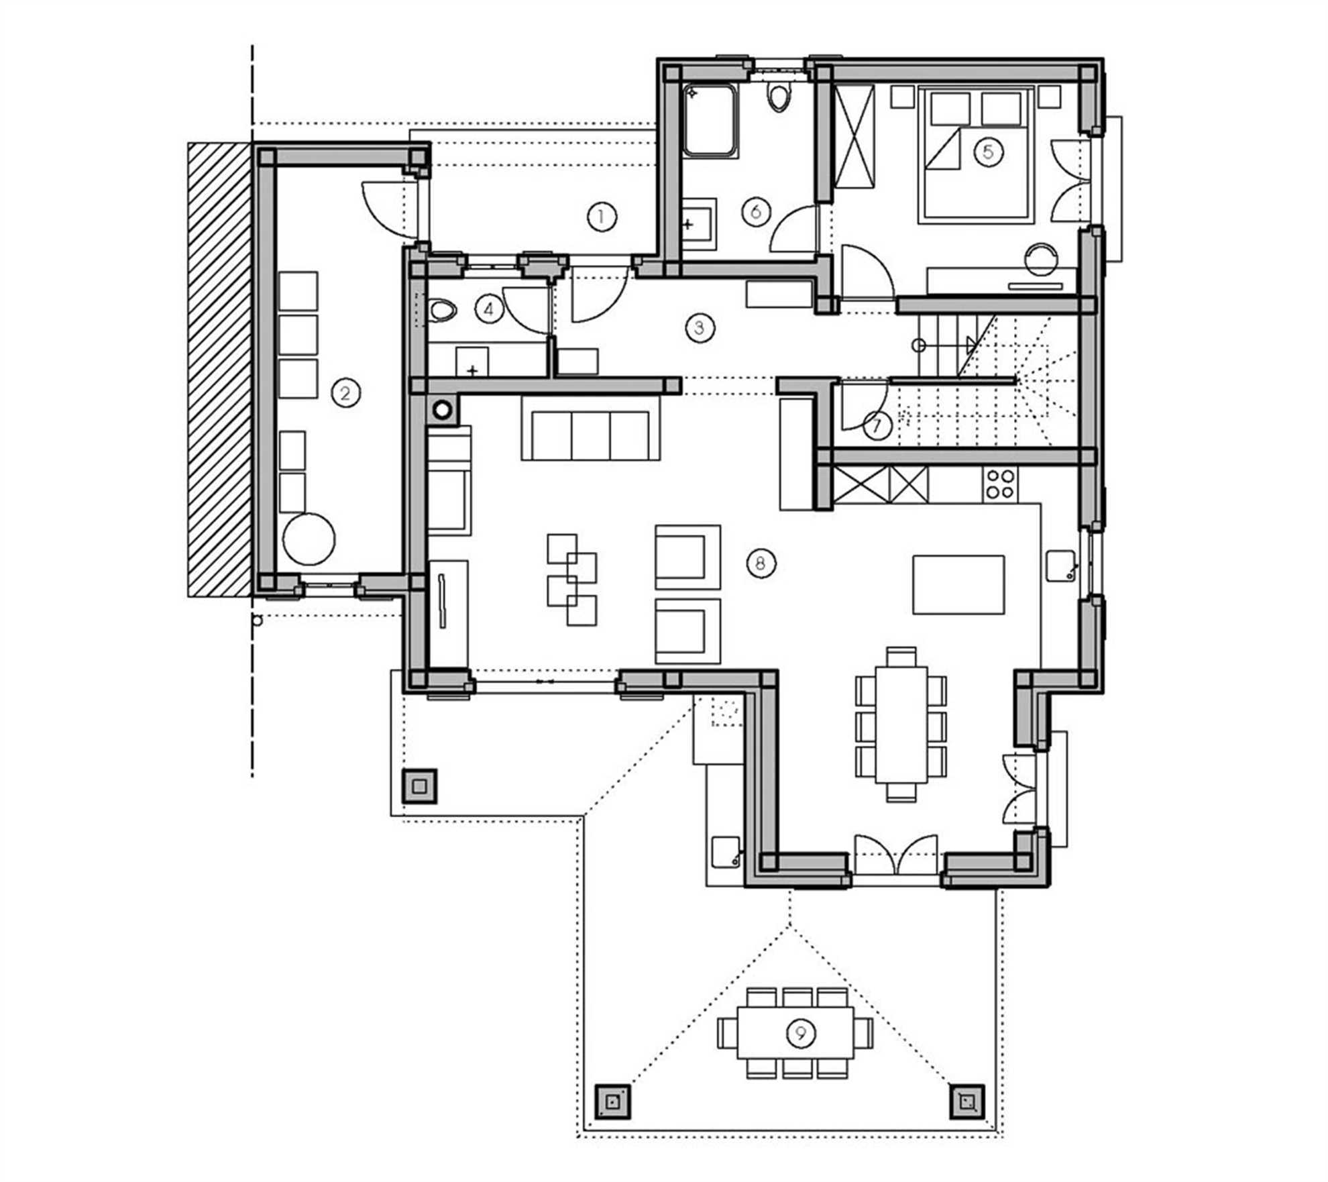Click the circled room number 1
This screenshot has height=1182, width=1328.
click(x=601, y=217)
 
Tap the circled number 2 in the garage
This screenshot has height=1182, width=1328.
click(x=345, y=392)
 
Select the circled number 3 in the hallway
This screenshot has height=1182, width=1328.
click(x=700, y=328)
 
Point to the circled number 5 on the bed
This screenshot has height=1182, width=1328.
click(x=988, y=152)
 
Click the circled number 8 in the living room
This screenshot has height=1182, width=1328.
click(x=760, y=563)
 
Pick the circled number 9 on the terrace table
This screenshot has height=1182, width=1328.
click(x=800, y=1033)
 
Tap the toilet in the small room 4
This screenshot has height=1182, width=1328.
click(x=442, y=311)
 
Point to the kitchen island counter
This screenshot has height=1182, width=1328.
click(x=958, y=584)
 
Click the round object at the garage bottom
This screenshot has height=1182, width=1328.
click(x=309, y=538)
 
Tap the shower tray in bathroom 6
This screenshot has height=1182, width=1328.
click(x=710, y=121)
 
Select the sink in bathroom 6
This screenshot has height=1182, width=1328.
click(x=699, y=225)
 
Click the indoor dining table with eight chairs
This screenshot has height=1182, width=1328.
click(x=901, y=724)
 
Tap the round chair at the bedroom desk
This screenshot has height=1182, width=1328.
click(x=1042, y=259)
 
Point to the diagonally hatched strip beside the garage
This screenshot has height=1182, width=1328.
click(x=219, y=369)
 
